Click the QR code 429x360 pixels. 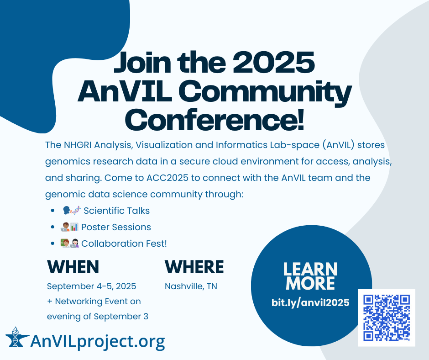[x=387, y=318]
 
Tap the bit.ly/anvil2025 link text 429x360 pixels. [x=310, y=302]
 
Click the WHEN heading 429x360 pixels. [x=73, y=267]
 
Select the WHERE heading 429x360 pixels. [x=194, y=267]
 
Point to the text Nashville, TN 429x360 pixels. [x=191, y=286]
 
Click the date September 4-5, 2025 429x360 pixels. [x=92, y=286]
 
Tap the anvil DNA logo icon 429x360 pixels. [x=17, y=337]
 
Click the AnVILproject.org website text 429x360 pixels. [x=98, y=341]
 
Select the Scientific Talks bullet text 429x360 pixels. [x=116, y=211]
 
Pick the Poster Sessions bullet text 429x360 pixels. [x=116, y=227]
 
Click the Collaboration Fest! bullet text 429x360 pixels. [x=124, y=244]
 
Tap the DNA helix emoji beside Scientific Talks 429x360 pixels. [x=77, y=211]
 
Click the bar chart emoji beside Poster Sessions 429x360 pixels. [x=74, y=227]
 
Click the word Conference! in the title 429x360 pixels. [x=214, y=120]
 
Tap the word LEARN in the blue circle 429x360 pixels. [x=310, y=269]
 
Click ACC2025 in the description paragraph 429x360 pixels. [x=167, y=178]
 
